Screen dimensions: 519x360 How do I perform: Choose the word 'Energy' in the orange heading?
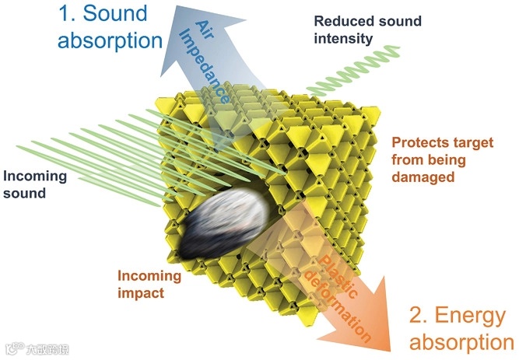pos(473,315)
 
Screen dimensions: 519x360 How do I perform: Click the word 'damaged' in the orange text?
pos(426,178)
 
